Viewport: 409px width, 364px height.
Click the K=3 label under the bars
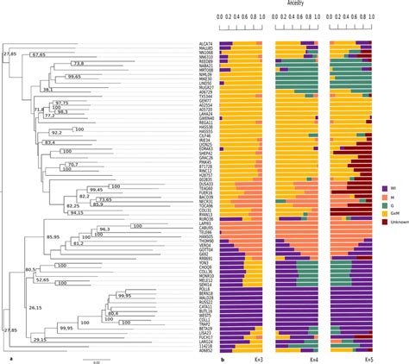pos(256,358)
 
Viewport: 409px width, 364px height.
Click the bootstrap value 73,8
pos(79,63)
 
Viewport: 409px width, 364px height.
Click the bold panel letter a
pos(9,358)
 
